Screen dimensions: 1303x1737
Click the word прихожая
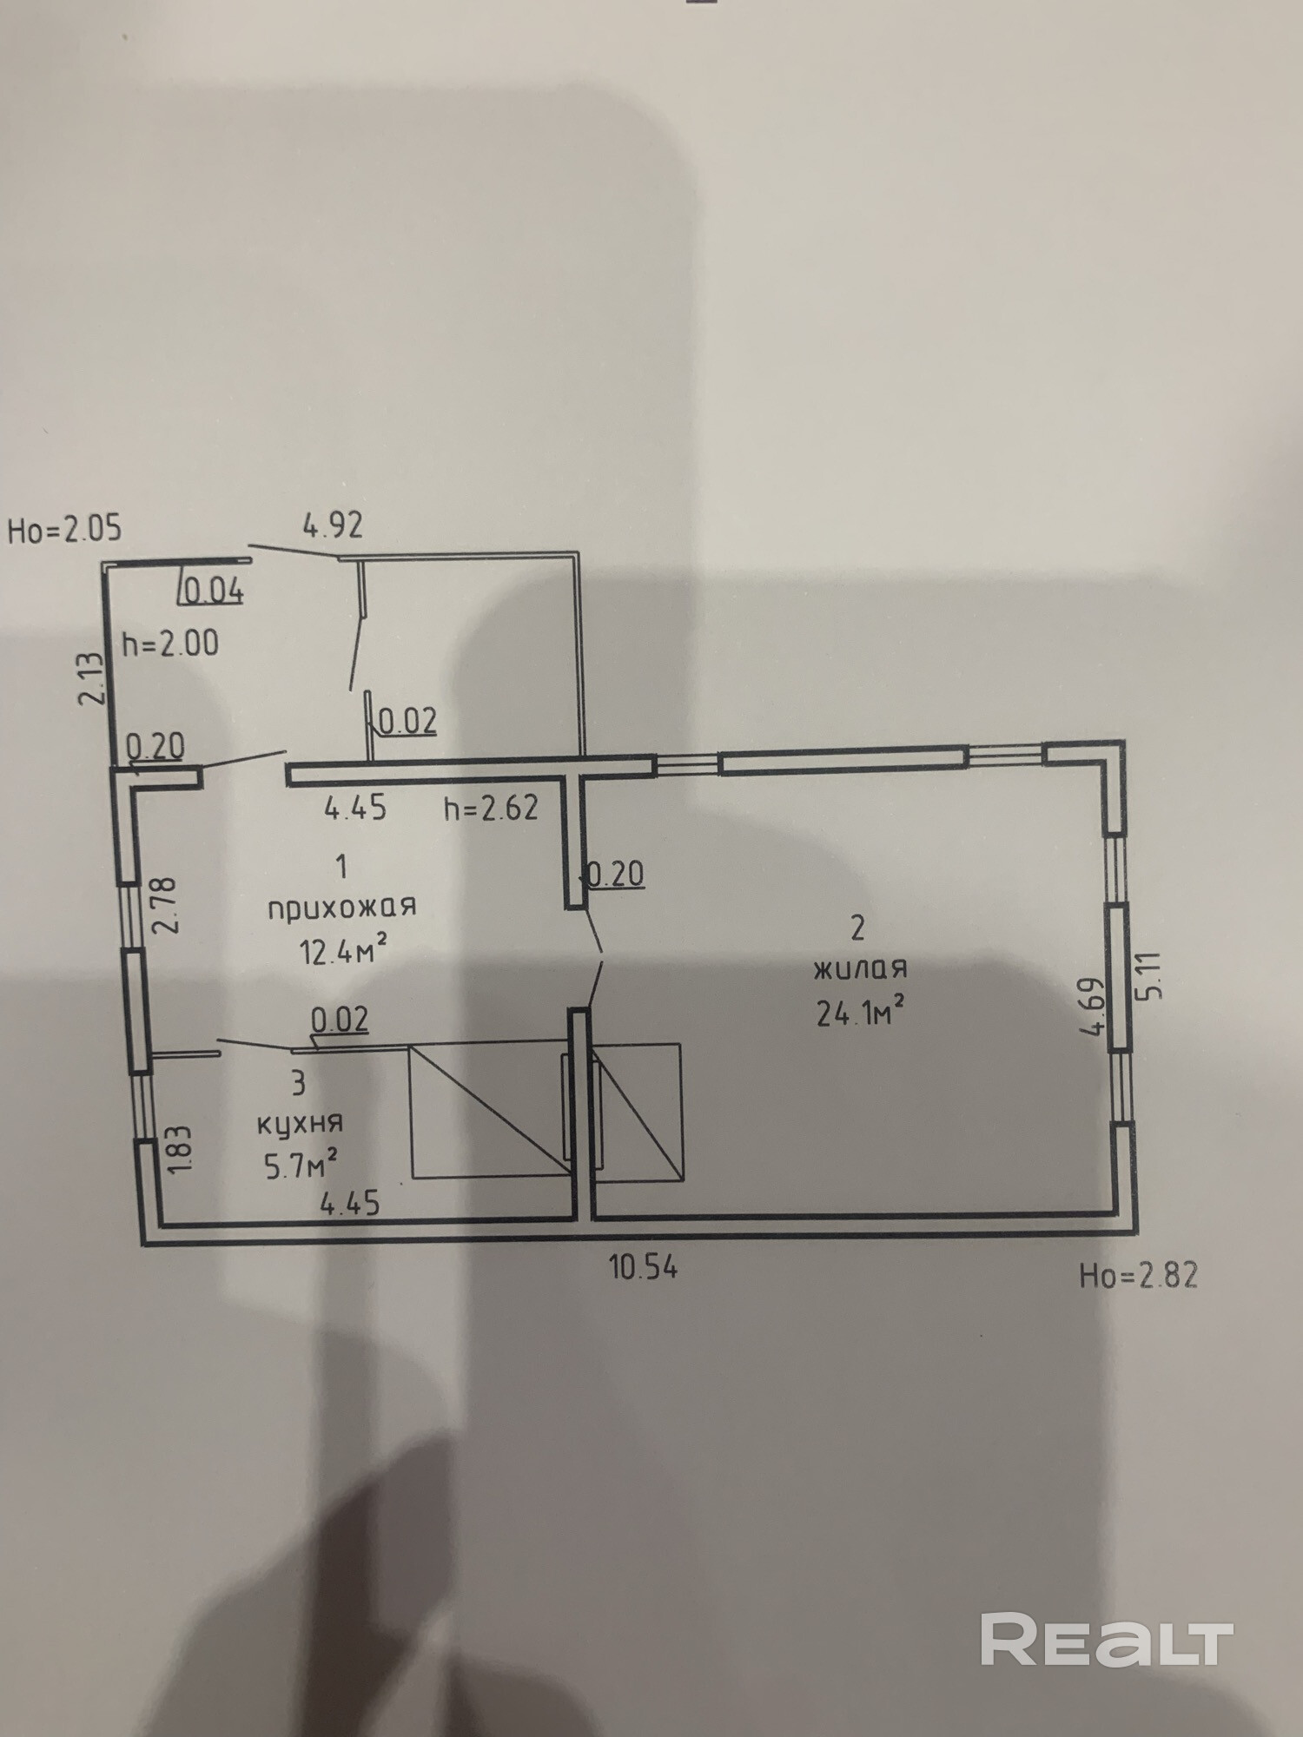coord(341,908)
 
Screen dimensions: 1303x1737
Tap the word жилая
coord(859,968)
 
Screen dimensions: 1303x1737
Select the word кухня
coord(300,1122)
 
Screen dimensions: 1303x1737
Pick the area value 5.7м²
coord(301,1165)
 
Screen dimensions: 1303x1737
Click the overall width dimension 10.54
coord(643,1267)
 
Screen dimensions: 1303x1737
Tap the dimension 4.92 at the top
coord(332,525)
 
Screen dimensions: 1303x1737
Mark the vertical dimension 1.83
coord(178,1152)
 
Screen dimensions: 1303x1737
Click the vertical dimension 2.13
coord(92,678)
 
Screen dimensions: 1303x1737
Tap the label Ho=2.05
coord(64,529)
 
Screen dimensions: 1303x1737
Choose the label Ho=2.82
coord(1138,1275)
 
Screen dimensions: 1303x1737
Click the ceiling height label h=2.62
coord(491,809)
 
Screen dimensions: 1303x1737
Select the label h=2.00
coord(170,644)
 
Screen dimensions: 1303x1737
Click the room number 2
coord(857,928)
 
